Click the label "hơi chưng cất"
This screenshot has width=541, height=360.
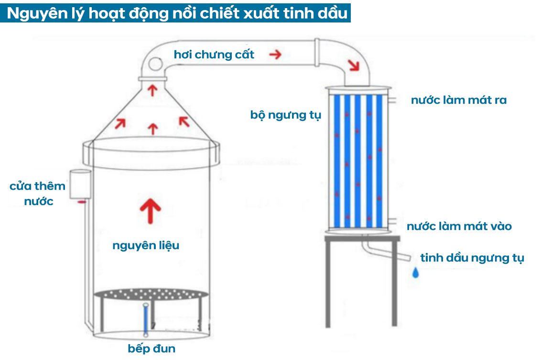coord(214,55)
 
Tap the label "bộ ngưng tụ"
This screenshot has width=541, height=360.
coord(285,115)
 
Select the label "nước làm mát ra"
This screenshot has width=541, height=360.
coord(458,100)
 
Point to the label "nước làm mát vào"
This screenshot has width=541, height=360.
coord(459,226)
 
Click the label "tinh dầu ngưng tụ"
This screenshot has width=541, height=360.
coord(472,258)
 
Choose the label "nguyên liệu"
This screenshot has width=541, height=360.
coord(146,246)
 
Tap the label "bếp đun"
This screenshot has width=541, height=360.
coord(151,349)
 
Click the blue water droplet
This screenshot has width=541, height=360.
coord(416,273)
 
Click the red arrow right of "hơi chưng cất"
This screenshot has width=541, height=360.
coord(275,55)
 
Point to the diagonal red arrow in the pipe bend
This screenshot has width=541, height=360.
coord(354,65)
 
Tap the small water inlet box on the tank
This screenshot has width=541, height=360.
coord(79,184)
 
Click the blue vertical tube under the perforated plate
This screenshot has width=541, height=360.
coord(145,319)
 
